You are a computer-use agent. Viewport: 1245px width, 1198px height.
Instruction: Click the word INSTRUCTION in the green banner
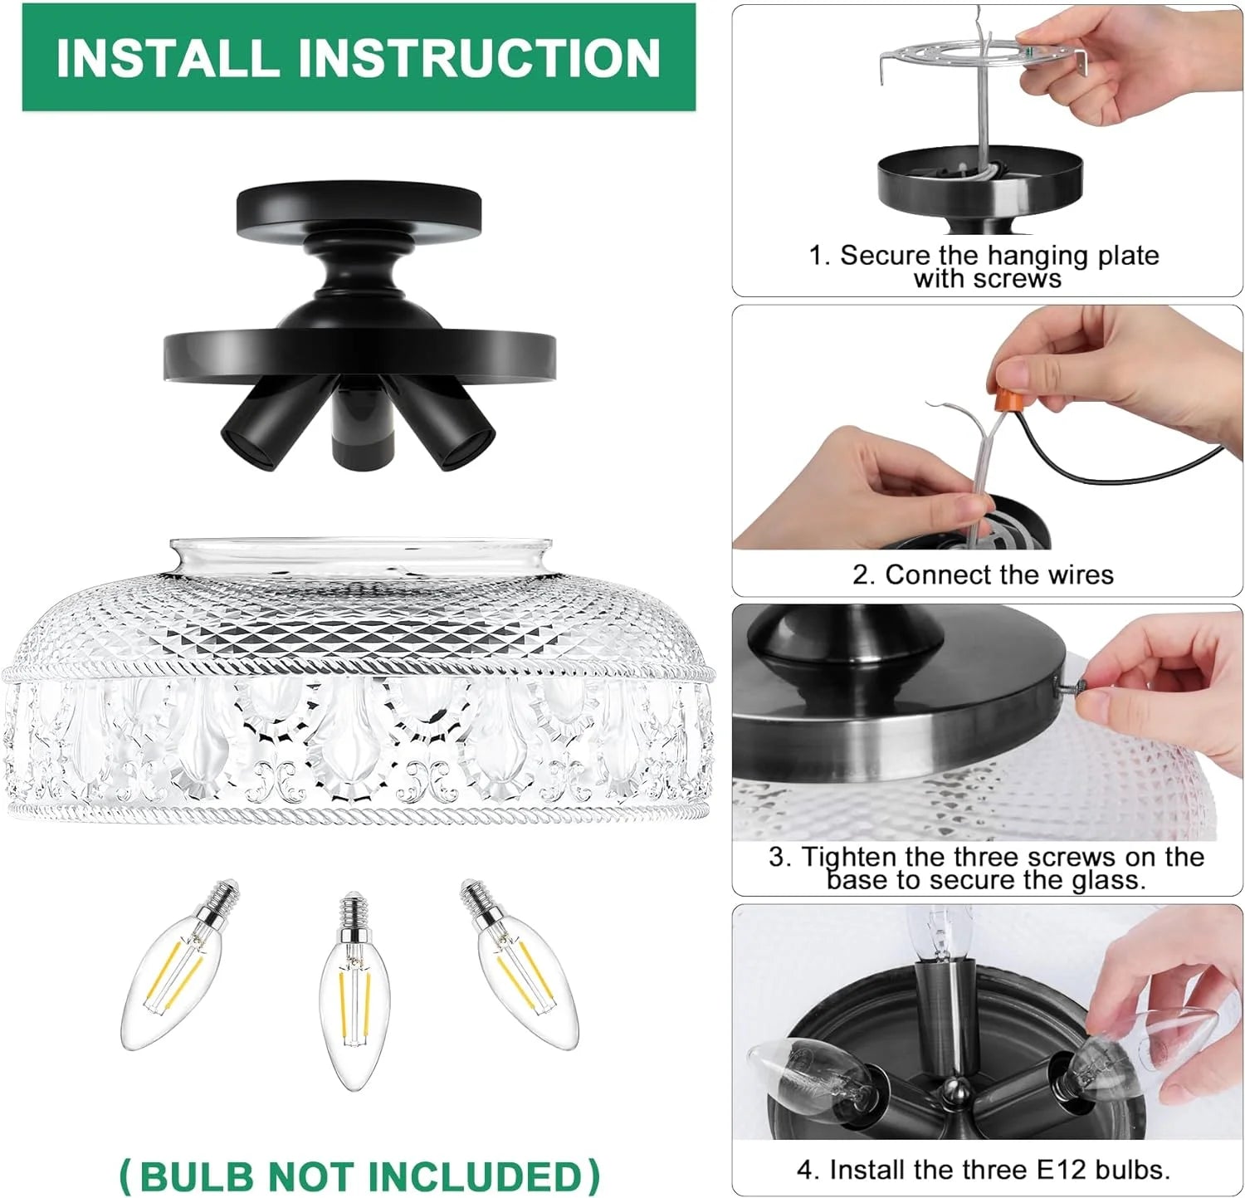[x=478, y=57]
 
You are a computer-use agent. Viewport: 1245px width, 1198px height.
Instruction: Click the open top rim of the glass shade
[x=360, y=550]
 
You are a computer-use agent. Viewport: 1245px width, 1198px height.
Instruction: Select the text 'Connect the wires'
[x=999, y=575]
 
